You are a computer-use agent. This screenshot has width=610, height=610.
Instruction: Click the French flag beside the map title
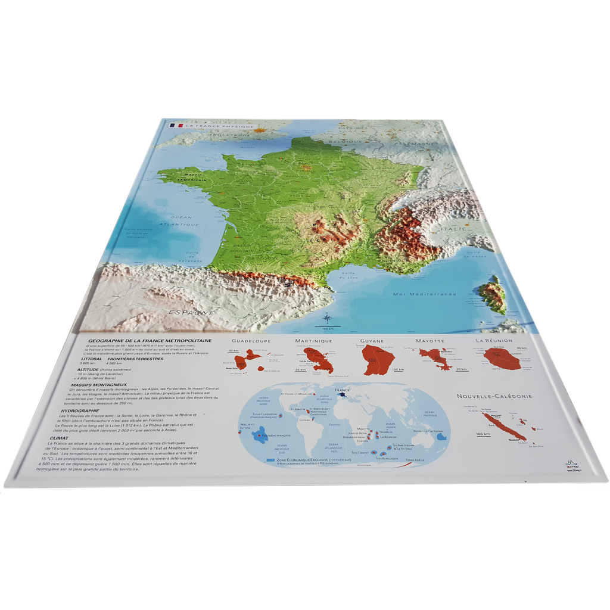tap(176, 126)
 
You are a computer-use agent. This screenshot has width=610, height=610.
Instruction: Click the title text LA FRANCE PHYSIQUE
tap(219, 126)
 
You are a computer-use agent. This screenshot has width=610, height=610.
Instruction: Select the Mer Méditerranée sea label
tap(424, 294)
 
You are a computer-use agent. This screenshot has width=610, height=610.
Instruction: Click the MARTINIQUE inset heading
tap(313, 341)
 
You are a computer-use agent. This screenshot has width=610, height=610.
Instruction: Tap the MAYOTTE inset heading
tap(431, 341)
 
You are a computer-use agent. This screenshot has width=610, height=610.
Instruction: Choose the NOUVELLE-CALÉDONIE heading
tap(494, 396)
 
